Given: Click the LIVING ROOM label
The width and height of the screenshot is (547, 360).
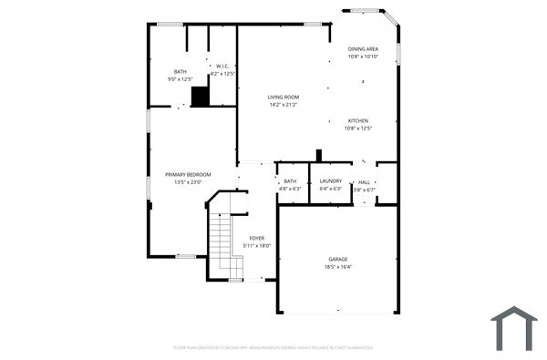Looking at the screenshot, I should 283,97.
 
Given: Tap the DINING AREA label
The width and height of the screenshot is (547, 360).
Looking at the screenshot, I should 363,48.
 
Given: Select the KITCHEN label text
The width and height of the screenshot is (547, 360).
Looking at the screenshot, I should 357,120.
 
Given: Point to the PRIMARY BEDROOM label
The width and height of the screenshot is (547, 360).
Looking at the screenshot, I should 188,174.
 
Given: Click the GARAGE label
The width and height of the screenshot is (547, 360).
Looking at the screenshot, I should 338,259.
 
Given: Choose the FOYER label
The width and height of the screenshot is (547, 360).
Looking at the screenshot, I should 257,238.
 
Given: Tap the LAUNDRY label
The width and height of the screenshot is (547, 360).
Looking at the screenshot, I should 330,181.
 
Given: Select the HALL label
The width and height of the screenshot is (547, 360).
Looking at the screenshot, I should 365,181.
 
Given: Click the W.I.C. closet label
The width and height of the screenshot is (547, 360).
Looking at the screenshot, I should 222,66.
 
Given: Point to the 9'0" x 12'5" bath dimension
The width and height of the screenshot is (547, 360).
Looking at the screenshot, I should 181,80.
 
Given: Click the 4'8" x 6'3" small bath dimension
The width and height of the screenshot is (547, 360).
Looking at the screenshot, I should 290,190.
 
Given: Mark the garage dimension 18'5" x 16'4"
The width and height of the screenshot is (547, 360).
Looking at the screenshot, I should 338,267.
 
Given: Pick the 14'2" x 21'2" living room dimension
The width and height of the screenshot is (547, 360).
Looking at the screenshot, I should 283,105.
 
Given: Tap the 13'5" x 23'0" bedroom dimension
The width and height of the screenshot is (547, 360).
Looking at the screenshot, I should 188,182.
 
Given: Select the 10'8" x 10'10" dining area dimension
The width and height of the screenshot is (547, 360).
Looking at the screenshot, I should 363,57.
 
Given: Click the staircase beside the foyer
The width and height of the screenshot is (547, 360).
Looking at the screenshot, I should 226,242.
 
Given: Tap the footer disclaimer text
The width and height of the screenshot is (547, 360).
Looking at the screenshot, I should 273,347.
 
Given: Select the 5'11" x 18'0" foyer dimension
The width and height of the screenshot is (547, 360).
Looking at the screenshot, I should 257,246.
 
